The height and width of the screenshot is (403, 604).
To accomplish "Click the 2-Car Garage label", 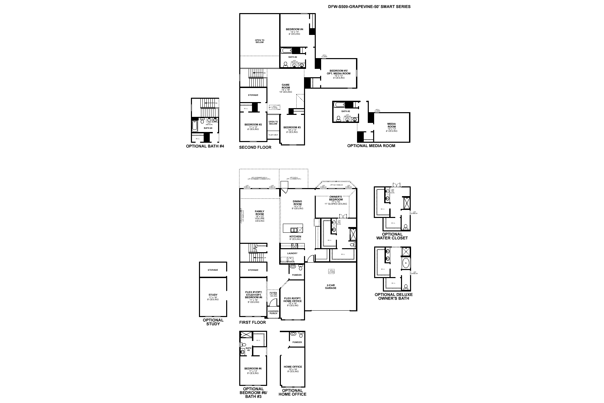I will [331, 286].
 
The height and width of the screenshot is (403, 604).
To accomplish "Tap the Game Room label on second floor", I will [286, 86].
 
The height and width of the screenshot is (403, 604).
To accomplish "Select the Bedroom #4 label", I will [294, 30].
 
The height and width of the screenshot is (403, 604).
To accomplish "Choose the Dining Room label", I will [297, 203].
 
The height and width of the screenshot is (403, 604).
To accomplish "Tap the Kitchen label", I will [295, 237].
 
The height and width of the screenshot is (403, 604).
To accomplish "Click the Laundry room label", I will [292, 253].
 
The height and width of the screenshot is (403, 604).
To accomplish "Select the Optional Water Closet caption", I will [392, 236].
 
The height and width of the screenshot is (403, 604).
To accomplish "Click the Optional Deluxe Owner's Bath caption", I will [394, 296].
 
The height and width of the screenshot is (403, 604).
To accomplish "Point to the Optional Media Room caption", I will [371, 146].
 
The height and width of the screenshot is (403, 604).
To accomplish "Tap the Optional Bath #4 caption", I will [205, 146].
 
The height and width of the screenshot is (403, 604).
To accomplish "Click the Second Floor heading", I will [255, 147].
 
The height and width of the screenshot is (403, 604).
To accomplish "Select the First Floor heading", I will [252, 322].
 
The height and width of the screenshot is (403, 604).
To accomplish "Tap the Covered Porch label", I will [273, 312].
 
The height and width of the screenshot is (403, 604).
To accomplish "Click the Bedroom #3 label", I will [292, 128].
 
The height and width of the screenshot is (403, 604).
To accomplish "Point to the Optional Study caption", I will [213, 322].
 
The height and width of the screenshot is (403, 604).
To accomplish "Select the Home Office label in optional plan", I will [293, 367].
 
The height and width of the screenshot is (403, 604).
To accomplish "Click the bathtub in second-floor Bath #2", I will [286, 51].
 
